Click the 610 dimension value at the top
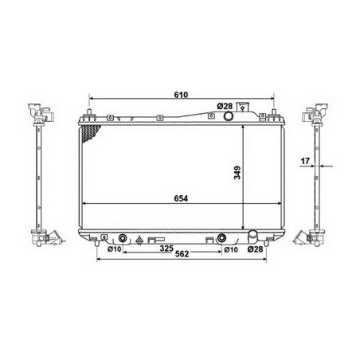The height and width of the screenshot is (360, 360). [181, 95]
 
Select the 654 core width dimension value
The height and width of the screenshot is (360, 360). [181, 198]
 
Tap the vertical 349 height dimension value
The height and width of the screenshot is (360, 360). [237, 173]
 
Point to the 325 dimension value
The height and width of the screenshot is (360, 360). [166, 248]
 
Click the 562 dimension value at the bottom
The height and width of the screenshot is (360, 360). [182, 254]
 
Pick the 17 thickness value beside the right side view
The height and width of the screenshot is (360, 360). [305, 161]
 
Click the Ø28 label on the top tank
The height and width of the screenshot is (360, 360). [225, 106]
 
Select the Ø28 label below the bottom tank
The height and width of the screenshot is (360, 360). [255, 249]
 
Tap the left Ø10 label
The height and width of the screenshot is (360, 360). [114, 249]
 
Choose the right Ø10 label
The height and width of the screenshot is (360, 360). [231, 249]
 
